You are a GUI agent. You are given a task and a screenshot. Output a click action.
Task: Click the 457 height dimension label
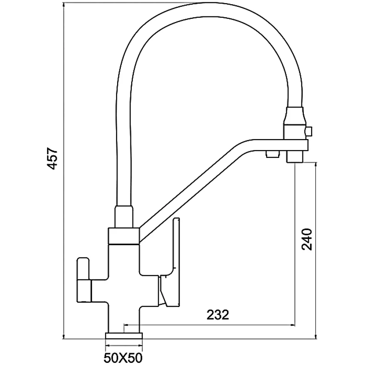point(52,158)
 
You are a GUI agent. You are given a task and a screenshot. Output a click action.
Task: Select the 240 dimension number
point(307,239)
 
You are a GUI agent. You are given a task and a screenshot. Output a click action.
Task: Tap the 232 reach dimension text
point(218,315)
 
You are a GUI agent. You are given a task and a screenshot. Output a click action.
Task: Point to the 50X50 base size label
point(123,357)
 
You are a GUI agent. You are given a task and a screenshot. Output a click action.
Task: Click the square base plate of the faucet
point(124,336)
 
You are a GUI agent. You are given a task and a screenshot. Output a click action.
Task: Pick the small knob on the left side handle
point(83,268)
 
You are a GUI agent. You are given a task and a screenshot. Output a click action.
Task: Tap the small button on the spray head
point(309,131)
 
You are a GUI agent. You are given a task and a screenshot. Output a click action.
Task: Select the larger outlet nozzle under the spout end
point(295,157)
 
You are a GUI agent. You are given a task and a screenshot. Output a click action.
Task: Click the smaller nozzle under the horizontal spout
point(272,154)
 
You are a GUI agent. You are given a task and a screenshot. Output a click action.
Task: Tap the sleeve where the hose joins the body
point(124,216)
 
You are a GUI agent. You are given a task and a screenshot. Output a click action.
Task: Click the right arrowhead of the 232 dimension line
point(292,324)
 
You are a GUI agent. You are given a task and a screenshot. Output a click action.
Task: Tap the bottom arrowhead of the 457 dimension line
point(64,336)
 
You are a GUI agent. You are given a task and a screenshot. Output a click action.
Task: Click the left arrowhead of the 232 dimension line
point(127,324)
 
